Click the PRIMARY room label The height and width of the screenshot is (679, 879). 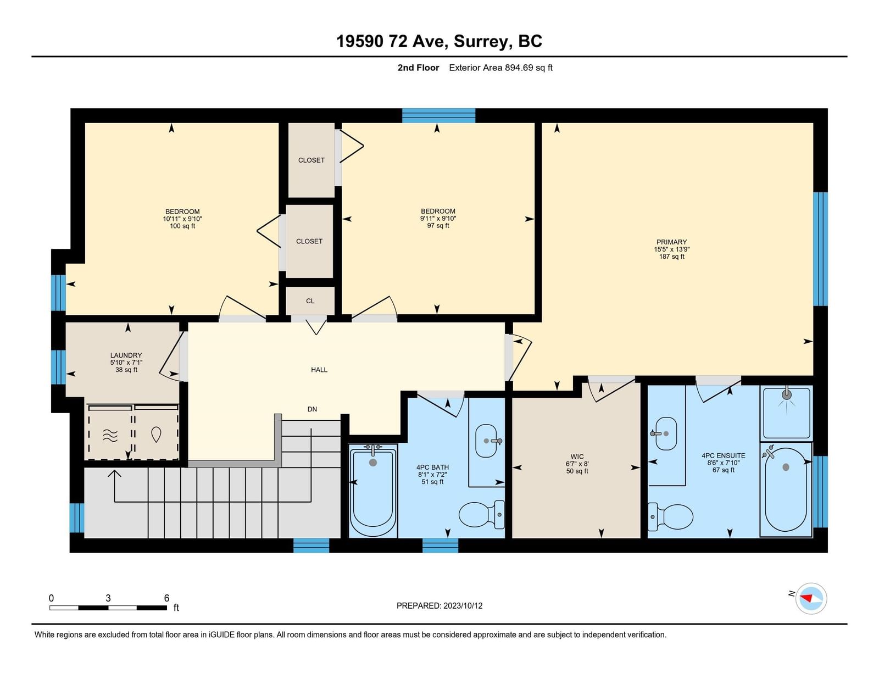point(671,242)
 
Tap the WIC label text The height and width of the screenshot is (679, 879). point(577,457)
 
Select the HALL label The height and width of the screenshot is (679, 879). point(319,370)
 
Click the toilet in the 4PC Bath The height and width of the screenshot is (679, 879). point(482,514)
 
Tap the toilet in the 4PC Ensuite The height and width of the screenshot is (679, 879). point(670,516)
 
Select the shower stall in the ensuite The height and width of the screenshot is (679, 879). point(786,413)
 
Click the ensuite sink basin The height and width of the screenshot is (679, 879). point(664,433)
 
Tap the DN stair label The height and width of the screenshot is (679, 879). point(312,409)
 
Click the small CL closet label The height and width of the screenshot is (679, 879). point(310,301)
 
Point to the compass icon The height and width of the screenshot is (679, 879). point(811,599)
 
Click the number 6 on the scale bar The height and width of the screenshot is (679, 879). point(166,598)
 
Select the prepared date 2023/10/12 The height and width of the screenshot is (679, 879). point(463,606)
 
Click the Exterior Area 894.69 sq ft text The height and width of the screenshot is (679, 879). point(500,68)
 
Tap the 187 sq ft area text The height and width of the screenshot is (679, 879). point(671,257)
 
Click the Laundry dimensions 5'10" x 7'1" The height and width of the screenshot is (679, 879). point(126,363)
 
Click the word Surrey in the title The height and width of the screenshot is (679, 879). point(480,41)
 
